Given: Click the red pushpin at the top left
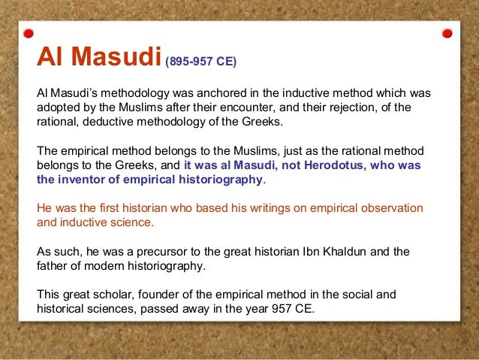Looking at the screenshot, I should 29,34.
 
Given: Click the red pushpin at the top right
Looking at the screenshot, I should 447,34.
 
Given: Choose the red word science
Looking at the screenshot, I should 131,222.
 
